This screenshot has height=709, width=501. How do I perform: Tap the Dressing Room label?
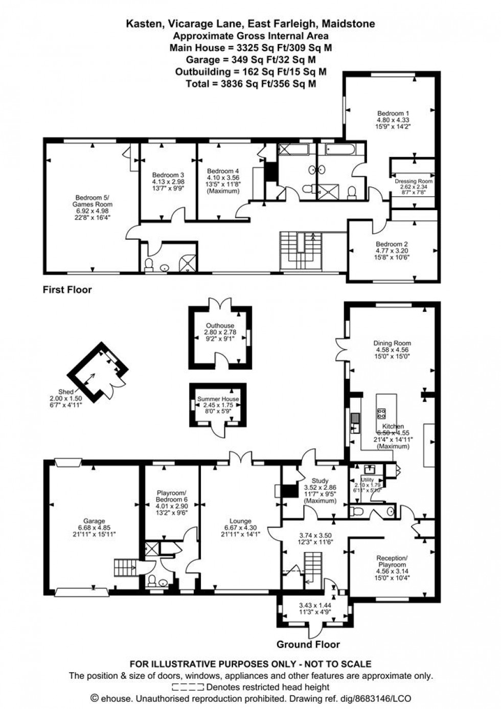[413, 181]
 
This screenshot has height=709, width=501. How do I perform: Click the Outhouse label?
[220, 326]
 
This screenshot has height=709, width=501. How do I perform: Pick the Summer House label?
[218, 399]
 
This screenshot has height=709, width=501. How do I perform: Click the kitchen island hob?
[381, 413]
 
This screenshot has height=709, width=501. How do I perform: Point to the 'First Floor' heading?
[67, 290]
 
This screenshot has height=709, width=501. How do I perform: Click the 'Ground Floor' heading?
[308, 644]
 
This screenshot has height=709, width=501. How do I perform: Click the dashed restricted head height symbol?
[188, 687]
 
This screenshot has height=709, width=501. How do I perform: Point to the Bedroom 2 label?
[392, 244]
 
